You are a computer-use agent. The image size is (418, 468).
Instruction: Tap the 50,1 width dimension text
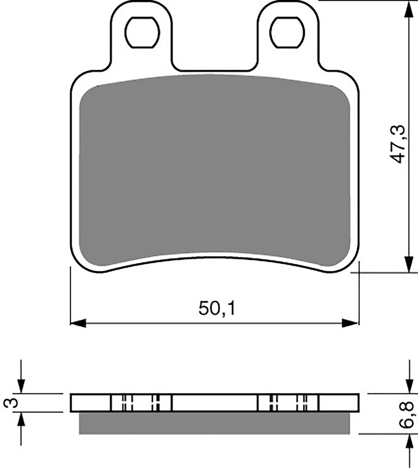pos(217,309)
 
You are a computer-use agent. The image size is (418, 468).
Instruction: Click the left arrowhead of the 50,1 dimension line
pos(78,323)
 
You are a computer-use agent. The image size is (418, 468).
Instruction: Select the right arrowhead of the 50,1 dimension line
pos(351,323)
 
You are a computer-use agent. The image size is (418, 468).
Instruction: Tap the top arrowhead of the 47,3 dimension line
pos(407,7)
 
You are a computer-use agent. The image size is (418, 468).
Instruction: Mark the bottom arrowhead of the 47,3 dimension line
pos(407,266)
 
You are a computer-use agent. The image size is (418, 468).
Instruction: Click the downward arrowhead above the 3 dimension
pos(21,386)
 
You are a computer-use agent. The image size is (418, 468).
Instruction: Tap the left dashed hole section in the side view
pos(142,403)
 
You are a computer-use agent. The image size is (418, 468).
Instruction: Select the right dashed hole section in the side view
pos(288,403)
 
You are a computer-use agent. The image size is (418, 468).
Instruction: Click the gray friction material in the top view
pos(215,171)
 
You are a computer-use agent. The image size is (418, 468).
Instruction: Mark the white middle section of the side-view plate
pos(215,403)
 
